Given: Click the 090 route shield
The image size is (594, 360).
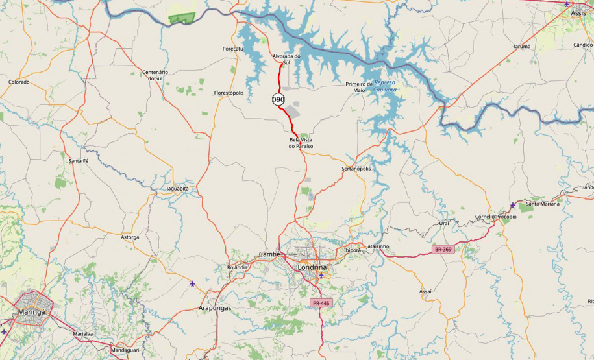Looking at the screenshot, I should tap(278, 99).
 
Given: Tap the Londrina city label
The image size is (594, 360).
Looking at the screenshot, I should tap(312, 267).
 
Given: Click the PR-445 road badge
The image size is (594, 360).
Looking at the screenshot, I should tap(321, 303).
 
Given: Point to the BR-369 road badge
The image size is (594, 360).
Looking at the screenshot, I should tap(443, 249).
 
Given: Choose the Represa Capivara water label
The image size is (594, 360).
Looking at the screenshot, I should tap(385, 86).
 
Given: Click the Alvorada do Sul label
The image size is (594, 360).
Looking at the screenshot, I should tap(286, 59).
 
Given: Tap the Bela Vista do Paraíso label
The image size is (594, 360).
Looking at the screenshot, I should tap(301, 143).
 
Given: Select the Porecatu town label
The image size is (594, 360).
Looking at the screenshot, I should tap(232, 49).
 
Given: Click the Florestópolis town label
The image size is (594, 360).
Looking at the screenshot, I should tap(229, 93).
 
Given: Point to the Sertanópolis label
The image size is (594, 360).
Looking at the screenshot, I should tap(356, 169).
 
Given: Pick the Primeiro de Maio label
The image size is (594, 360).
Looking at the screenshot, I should tap(359, 87).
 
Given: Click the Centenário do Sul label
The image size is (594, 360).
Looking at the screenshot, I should tap(155, 75).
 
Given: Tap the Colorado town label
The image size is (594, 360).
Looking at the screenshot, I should tap(19, 82).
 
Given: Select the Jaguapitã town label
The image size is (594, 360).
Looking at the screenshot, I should tap(177, 189).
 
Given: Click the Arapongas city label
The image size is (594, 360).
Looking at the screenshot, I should tap(214, 308).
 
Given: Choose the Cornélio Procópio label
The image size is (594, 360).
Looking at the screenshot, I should tap(496, 217).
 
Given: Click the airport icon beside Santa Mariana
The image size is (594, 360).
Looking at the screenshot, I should tap(513, 205).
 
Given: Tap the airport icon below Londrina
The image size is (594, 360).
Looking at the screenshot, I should tap(321, 275).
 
